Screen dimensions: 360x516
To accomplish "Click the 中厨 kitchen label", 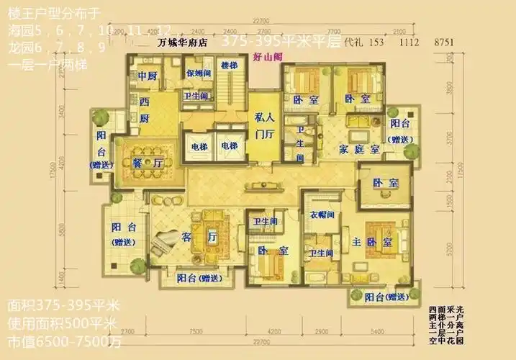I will coord(148,75).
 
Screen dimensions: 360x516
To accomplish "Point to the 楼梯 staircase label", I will coord(229,66).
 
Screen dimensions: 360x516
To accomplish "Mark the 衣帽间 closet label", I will coord(320,214).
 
